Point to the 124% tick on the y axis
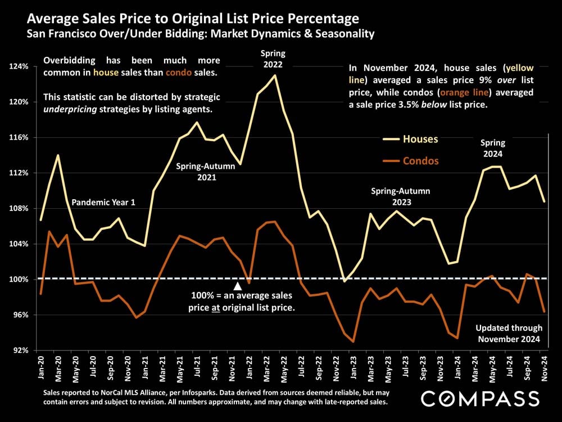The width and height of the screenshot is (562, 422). (x=20, y=66)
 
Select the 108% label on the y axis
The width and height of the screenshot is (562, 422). (x=20, y=208)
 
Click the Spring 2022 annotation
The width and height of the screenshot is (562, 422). (x=273, y=59)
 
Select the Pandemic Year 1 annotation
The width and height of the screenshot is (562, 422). (x=103, y=202)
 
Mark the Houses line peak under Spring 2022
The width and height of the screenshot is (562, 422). (x=274, y=75)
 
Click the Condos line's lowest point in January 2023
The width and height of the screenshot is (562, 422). (x=353, y=342)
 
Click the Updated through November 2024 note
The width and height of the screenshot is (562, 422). (x=509, y=333)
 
